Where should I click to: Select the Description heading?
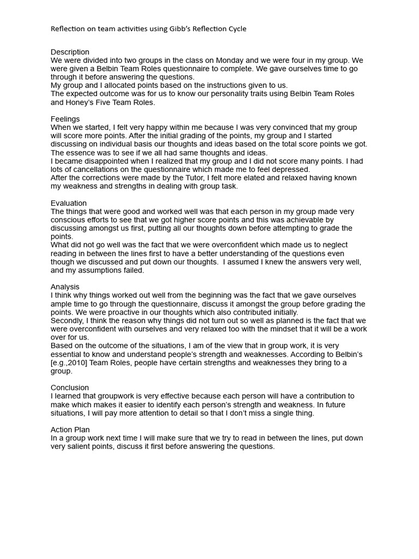[70, 52]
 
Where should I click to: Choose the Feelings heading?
[65, 119]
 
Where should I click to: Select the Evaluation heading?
[69, 203]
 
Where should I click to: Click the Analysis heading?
[65, 287]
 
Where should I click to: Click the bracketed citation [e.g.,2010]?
[74, 362]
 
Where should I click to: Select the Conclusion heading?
[70, 388]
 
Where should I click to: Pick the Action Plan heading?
[70, 430]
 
